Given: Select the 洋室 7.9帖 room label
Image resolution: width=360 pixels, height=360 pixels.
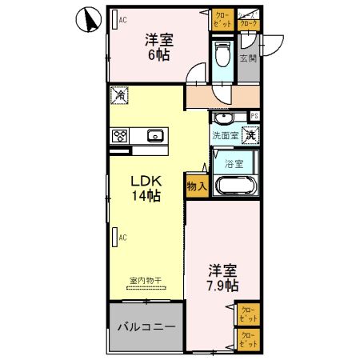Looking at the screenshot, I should point(222,278).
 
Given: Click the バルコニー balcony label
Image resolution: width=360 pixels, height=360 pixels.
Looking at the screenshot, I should point(145,327).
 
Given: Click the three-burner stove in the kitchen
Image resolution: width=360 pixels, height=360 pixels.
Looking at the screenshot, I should point(121,135).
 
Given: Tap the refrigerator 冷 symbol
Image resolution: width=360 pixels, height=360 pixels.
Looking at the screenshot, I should point(118,95).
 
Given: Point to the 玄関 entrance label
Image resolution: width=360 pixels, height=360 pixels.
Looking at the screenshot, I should point(249,58).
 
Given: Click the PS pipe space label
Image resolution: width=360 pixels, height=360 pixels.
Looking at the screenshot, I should point(254,116).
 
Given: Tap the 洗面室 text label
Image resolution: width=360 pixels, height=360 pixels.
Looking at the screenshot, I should point(223,136).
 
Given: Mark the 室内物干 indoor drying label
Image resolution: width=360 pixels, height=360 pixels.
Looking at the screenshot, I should point(145,281).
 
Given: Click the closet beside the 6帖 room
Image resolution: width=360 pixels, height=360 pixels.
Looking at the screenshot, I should point(222,20).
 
